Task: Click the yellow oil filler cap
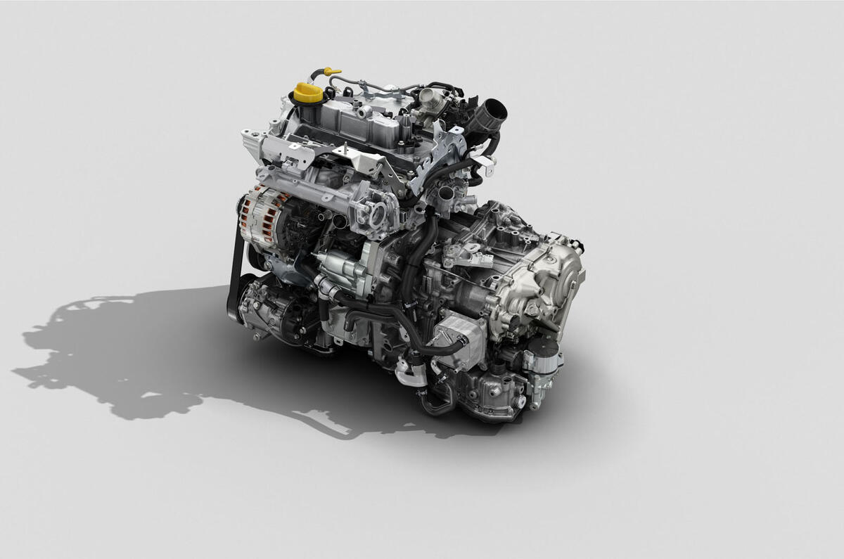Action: [308, 92]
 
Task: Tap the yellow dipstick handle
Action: [331, 71]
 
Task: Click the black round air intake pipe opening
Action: [494, 110]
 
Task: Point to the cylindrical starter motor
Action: [338, 267]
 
